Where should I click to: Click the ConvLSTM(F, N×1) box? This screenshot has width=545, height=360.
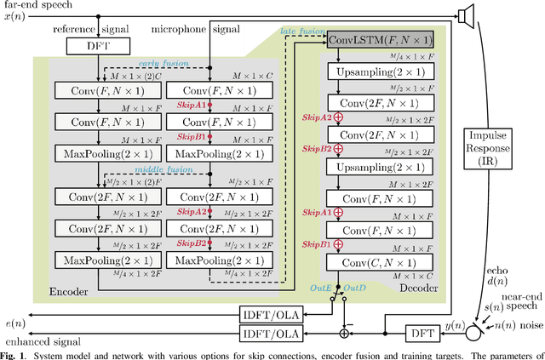378,41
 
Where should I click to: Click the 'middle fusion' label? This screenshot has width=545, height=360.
153,169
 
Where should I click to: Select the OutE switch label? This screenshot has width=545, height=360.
318,288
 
